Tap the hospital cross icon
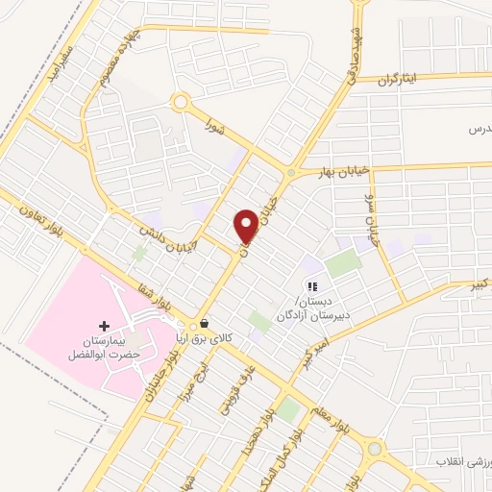(105, 328)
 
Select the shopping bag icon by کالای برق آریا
(204, 324)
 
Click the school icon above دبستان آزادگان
(311, 285)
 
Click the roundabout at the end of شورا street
(180, 101)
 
